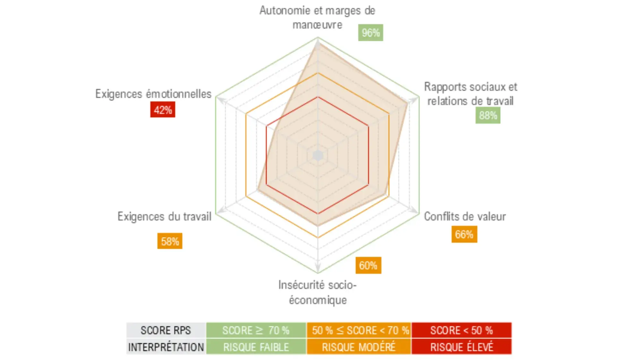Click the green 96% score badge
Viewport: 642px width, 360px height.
[370, 32]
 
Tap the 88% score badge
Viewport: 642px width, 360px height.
[488, 116]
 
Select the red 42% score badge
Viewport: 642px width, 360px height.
[163, 110]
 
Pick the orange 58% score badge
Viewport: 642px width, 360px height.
[170, 241]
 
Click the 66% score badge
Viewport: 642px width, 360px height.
[464, 234]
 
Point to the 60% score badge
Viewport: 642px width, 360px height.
[368, 265]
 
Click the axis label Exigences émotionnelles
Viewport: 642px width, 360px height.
[153, 94]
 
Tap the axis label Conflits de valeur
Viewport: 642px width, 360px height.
[465, 217]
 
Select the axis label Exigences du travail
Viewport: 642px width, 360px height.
[164, 217]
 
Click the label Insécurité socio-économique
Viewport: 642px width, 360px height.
[317, 292]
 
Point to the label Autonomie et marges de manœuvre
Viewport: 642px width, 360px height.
[317, 17]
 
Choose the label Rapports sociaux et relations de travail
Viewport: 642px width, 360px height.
[471, 94]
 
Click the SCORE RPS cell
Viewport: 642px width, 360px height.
[166, 330]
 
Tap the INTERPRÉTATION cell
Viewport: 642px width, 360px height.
[166, 347]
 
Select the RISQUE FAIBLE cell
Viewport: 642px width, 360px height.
[256, 347]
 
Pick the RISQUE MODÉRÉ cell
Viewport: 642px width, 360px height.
[359, 347]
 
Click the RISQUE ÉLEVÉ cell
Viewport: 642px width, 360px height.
[462, 347]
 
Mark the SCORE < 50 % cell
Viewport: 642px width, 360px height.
[462, 330]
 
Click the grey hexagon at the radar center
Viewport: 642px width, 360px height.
[318, 156]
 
